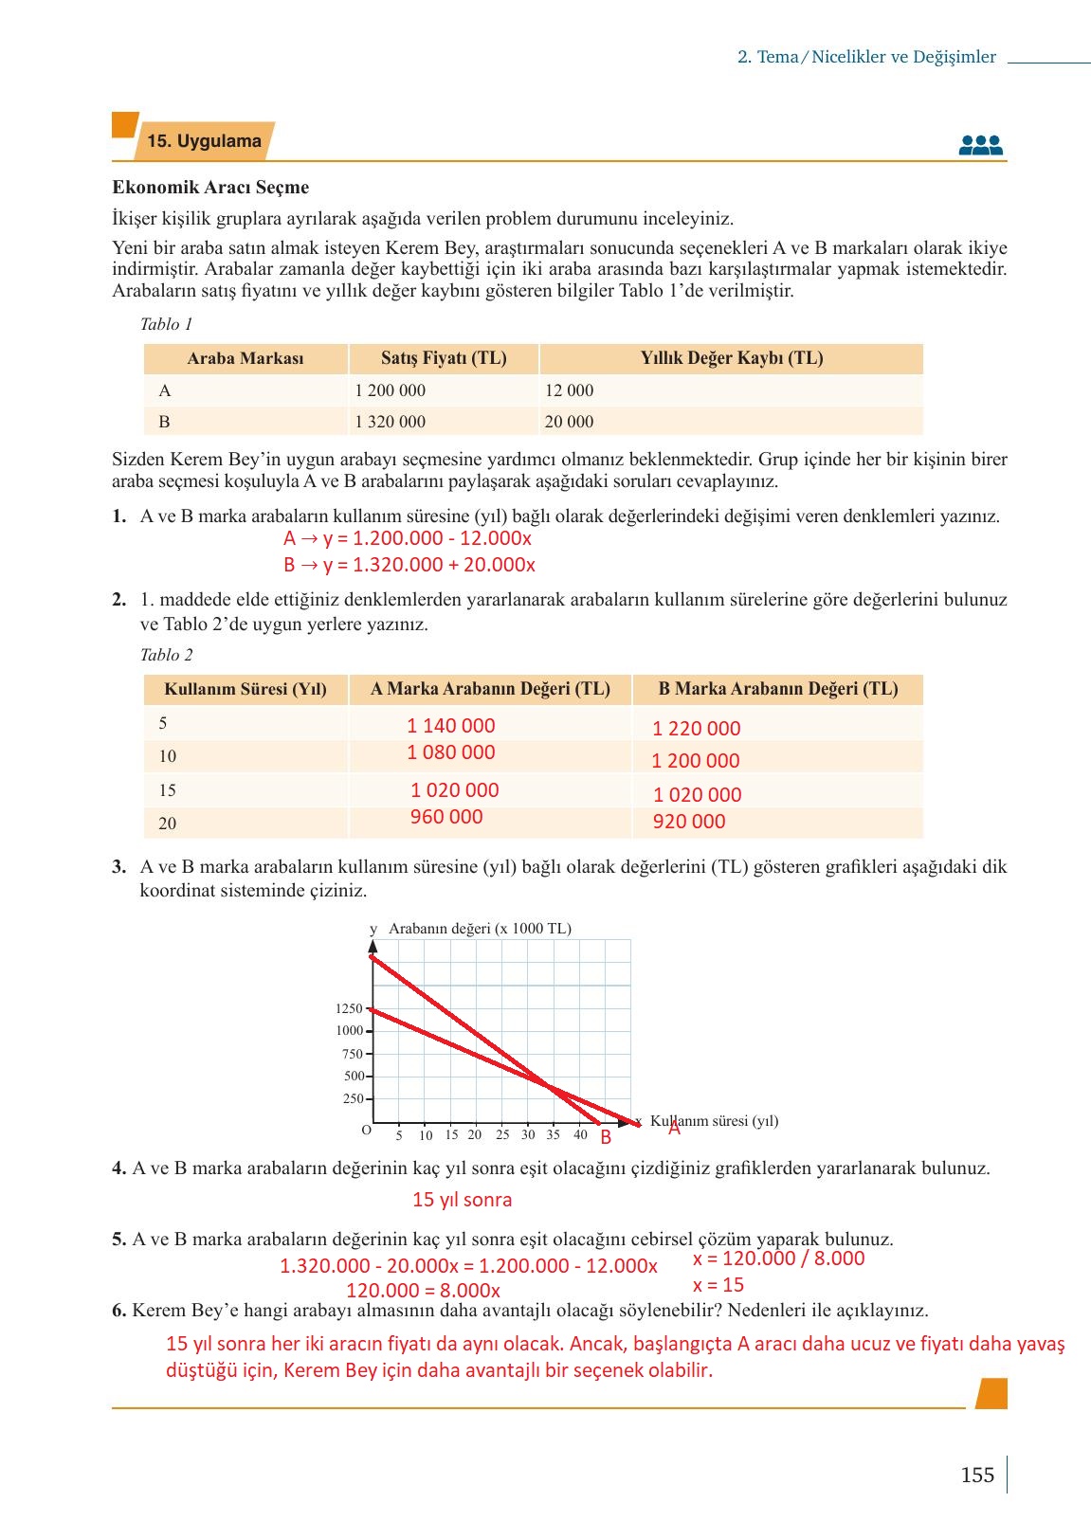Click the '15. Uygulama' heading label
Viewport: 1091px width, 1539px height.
[x=204, y=141]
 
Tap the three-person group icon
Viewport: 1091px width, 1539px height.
[x=980, y=145]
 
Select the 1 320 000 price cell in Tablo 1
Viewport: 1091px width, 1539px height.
[x=390, y=422]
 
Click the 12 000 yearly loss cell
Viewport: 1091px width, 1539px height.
[x=569, y=390]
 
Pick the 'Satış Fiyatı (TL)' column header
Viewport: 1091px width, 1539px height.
[x=444, y=358]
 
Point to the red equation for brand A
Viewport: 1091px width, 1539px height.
[x=408, y=538]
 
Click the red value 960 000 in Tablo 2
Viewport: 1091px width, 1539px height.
[x=446, y=817]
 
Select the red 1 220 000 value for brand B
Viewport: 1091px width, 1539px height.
[x=697, y=729]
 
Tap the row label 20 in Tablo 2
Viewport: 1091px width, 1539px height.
[x=168, y=824]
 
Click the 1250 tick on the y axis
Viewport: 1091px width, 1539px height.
[x=349, y=1008]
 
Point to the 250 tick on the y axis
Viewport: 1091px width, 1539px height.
[x=353, y=1099]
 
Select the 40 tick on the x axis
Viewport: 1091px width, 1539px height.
[x=580, y=1134]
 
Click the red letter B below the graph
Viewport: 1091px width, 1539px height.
[x=606, y=1138]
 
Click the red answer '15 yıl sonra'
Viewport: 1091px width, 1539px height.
[x=462, y=1200]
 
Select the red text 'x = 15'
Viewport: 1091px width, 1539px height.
[x=718, y=1285]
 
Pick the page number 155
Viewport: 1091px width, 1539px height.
[x=976, y=1475]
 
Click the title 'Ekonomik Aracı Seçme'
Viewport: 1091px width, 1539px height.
[x=210, y=188]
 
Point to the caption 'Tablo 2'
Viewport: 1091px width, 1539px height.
[x=166, y=655]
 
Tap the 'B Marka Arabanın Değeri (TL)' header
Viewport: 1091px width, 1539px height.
[x=778, y=689]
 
